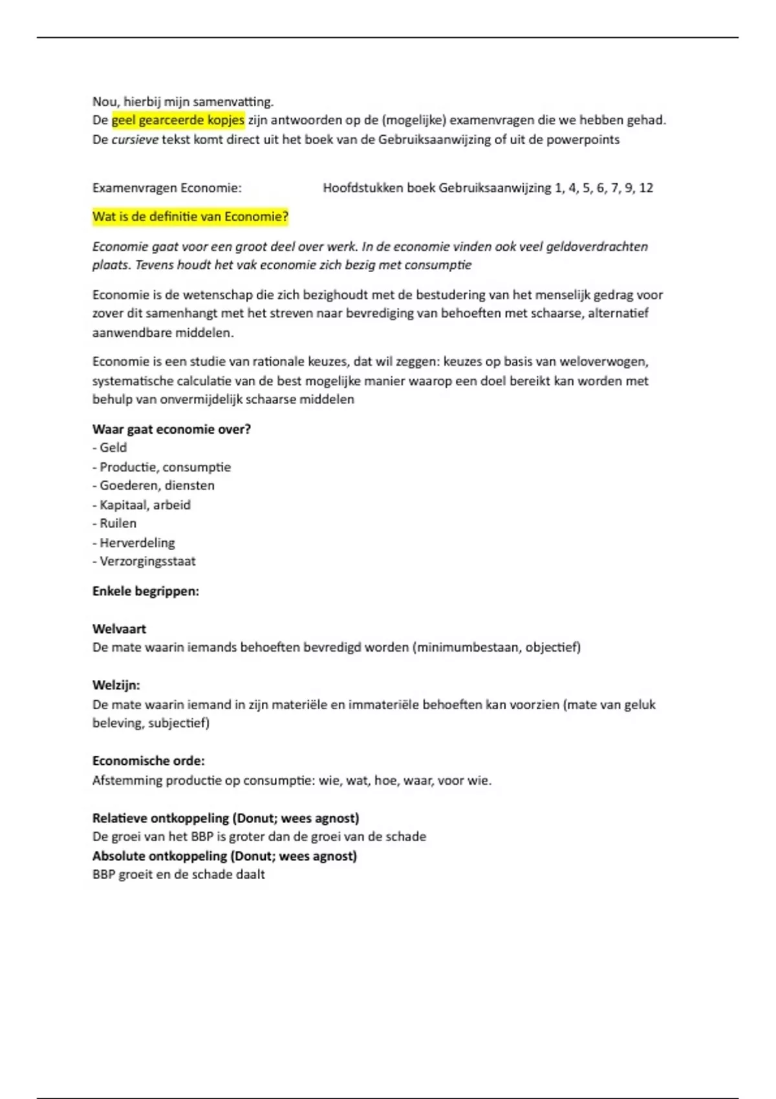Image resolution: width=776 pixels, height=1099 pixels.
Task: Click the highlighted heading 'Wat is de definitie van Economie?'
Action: (190, 217)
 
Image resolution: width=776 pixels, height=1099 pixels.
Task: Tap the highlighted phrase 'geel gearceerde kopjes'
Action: (178, 120)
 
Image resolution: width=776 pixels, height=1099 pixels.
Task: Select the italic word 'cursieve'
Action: (135, 140)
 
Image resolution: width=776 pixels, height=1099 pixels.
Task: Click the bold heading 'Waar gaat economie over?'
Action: (171, 429)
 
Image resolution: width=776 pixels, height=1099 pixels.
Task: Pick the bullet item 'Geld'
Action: (113, 447)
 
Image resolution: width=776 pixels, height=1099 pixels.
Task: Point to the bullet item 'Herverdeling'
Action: (136, 542)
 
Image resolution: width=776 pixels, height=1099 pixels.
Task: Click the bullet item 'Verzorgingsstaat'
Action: (147, 561)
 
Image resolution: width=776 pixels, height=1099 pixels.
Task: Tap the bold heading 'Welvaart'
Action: (119, 628)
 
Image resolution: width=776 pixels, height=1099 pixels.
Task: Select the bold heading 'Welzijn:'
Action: (116, 685)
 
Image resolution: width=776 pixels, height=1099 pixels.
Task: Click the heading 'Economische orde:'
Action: (148, 761)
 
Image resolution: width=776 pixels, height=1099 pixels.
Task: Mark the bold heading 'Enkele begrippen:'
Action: (145, 591)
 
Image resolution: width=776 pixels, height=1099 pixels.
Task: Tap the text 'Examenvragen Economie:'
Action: (167, 188)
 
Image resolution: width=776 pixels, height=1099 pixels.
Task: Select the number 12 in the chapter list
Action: (645, 188)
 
